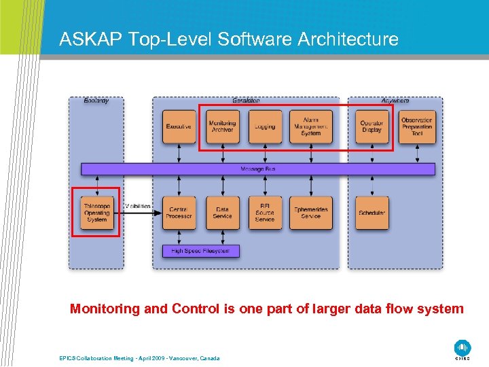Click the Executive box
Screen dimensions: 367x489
point(179,126)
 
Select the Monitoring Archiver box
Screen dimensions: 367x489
point(222,126)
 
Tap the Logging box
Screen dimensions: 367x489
point(265,126)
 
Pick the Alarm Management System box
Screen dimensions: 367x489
point(310,126)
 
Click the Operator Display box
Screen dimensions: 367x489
point(372,126)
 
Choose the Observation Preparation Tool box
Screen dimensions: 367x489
point(416,126)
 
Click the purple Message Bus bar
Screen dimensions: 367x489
point(258,169)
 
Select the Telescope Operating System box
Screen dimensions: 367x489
point(96,213)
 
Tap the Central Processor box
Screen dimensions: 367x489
point(179,213)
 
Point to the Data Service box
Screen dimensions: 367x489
point(222,213)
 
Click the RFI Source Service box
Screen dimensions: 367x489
point(265,213)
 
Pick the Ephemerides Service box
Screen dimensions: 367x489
point(310,213)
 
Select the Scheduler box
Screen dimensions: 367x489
point(372,213)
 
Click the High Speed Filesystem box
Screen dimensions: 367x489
point(200,251)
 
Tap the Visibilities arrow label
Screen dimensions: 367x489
point(139,207)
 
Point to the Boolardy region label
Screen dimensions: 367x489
point(96,101)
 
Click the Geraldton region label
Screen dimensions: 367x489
point(245,101)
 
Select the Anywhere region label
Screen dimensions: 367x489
point(395,101)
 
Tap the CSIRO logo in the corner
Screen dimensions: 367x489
point(463,348)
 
